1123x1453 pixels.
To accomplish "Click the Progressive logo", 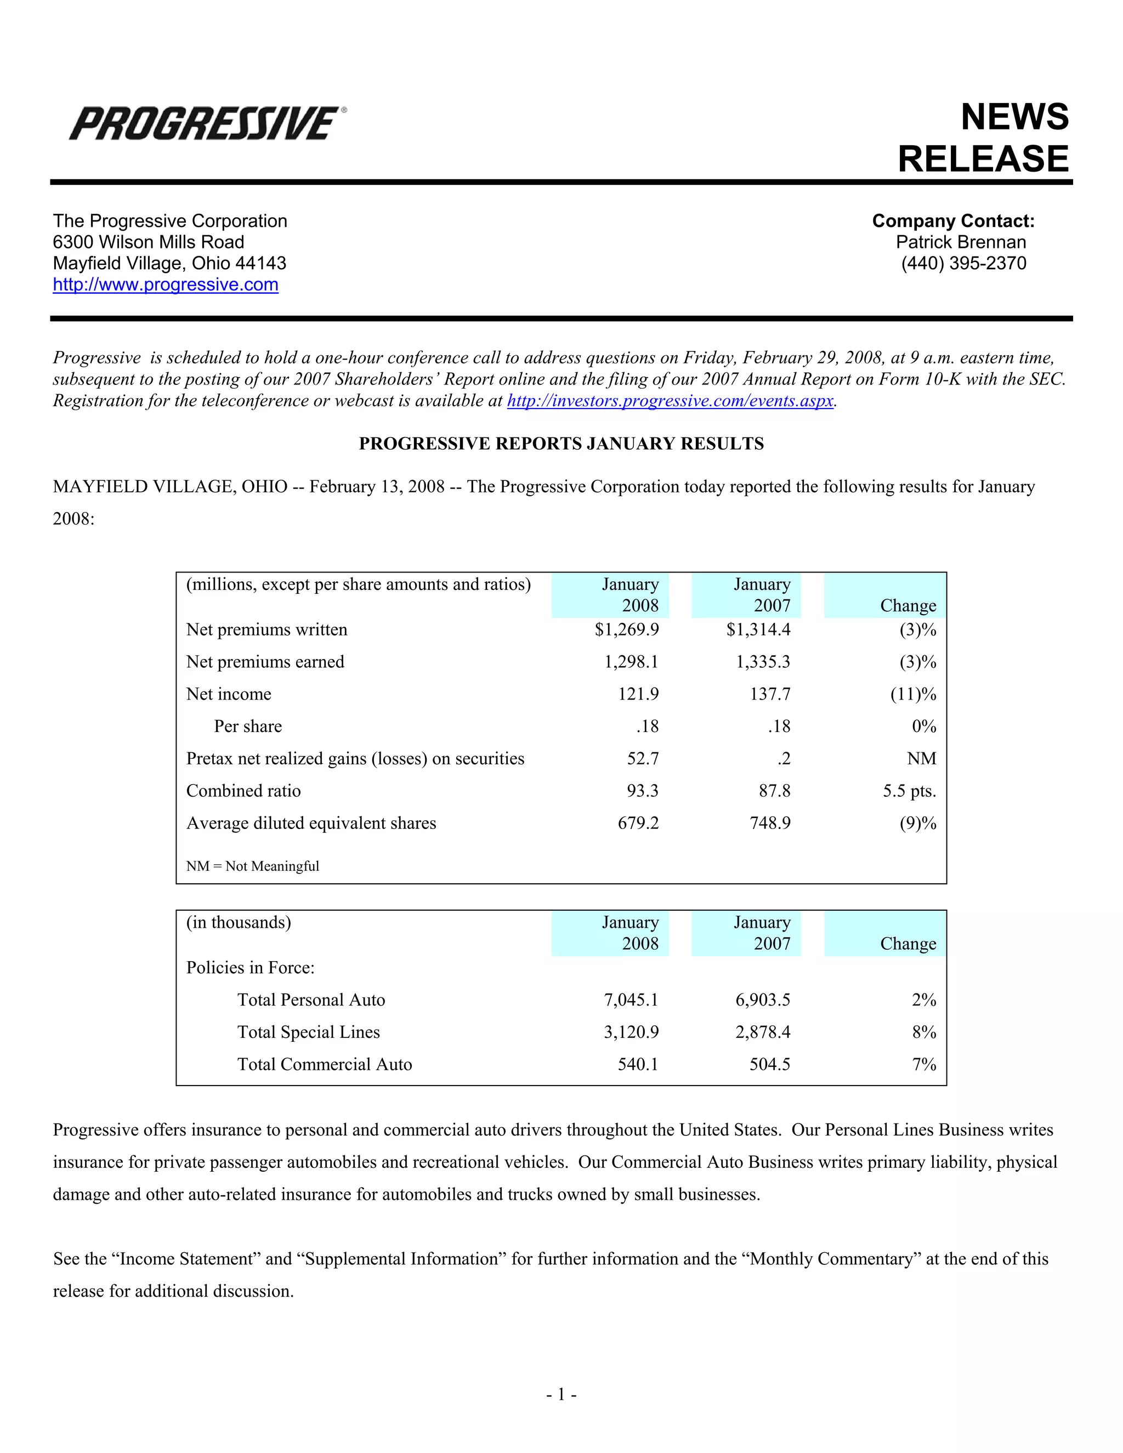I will (207, 124).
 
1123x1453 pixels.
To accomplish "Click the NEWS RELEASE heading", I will (983, 138).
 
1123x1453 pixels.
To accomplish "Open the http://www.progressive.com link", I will (166, 285).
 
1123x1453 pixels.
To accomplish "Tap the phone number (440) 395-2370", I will (963, 263).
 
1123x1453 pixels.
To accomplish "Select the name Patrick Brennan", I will (961, 242).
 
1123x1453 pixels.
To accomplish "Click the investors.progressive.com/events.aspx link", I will (670, 401).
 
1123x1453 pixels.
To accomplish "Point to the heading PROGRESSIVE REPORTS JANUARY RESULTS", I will (561, 444).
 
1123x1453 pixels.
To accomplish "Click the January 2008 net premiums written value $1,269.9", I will (627, 629).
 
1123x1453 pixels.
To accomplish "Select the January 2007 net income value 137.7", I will (770, 694).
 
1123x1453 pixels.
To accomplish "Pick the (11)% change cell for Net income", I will (914, 694).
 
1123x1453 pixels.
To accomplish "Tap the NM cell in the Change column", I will (921, 758).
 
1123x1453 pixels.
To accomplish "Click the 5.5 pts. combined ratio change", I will (910, 791).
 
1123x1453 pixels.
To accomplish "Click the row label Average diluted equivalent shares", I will (311, 823).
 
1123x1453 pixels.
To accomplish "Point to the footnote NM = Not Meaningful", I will (253, 866).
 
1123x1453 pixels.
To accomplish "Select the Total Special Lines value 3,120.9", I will (631, 1032).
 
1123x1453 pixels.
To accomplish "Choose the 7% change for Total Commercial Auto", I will (924, 1064).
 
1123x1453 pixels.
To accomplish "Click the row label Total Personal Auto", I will (311, 1000).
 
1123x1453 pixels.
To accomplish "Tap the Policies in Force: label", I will (250, 967).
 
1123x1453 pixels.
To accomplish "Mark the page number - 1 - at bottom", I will (561, 1394).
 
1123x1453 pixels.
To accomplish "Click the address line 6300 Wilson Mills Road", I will (149, 242).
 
